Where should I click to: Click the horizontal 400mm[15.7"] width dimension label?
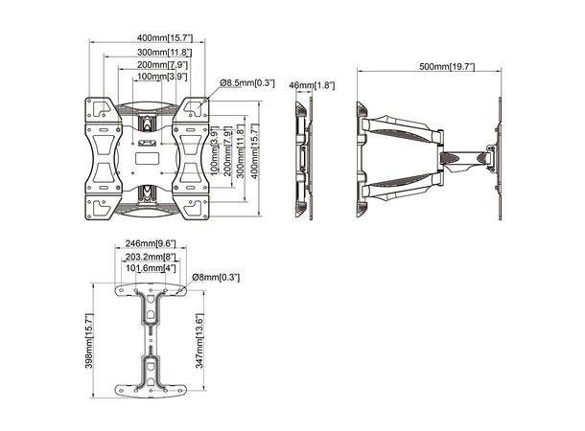[148, 38]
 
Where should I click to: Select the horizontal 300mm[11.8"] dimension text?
[148, 51]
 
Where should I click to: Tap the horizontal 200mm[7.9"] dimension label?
[148, 63]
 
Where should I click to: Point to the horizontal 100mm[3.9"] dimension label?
[148, 76]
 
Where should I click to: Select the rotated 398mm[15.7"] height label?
[89, 341]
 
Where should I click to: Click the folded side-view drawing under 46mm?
[304, 158]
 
